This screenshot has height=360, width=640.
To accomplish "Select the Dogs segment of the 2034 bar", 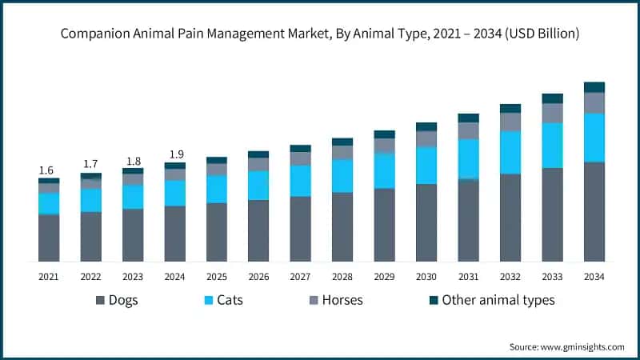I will pyautogui.click(x=594, y=211).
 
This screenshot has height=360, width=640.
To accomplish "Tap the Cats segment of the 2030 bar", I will pyautogui.click(x=426, y=165).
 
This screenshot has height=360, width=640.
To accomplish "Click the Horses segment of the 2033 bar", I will pyautogui.click(x=552, y=113).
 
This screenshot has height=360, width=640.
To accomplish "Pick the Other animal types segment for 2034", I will pyautogui.click(x=594, y=87).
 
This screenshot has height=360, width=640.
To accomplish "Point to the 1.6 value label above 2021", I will pyautogui.click(x=46, y=170).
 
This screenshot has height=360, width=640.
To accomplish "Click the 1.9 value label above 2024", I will pyautogui.click(x=174, y=154).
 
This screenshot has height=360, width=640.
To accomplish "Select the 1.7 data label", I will pyautogui.click(x=90, y=164).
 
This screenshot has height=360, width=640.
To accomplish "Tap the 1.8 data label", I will pyautogui.click(x=132, y=160).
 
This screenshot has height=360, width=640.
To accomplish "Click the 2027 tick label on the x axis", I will pyautogui.click(x=300, y=276).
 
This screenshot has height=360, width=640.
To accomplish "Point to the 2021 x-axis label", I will pyautogui.click(x=49, y=276).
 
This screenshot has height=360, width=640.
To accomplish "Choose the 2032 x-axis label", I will pyautogui.click(x=510, y=276).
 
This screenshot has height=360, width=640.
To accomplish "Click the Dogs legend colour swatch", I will pyautogui.click(x=100, y=300).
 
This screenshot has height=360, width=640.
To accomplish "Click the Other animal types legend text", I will pyautogui.click(x=498, y=300).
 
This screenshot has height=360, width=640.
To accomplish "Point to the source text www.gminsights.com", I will pyautogui.click(x=566, y=346).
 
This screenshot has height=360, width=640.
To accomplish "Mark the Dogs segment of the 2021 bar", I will pyautogui.click(x=49, y=238).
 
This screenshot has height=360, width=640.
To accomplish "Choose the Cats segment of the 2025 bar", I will pyautogui.click(x=216, y=189).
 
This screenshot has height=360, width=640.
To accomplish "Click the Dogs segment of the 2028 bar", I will pyautogui.click(x=342, y=226).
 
